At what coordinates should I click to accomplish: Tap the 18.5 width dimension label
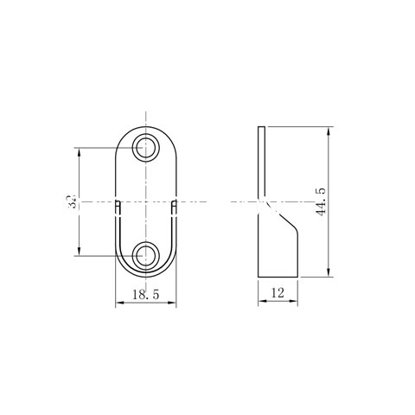[146, 294]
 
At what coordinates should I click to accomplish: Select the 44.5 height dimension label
[321, 201]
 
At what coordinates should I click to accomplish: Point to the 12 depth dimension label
[278, 293]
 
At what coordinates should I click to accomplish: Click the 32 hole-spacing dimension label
[71, 201]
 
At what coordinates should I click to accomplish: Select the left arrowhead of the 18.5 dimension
[119, 303]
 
